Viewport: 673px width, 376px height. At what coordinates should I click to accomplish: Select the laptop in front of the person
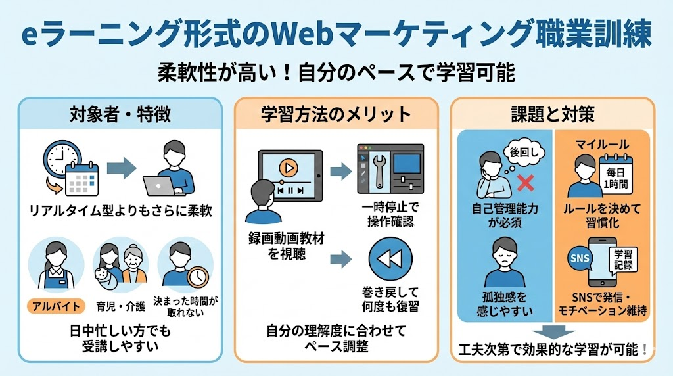[x=160, y=186]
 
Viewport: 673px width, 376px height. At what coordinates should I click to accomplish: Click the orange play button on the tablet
[x=287, y=168]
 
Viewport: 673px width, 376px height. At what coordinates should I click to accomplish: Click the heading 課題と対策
[x=553, y=114]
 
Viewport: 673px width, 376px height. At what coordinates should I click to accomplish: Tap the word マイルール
[x=602, y=143]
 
